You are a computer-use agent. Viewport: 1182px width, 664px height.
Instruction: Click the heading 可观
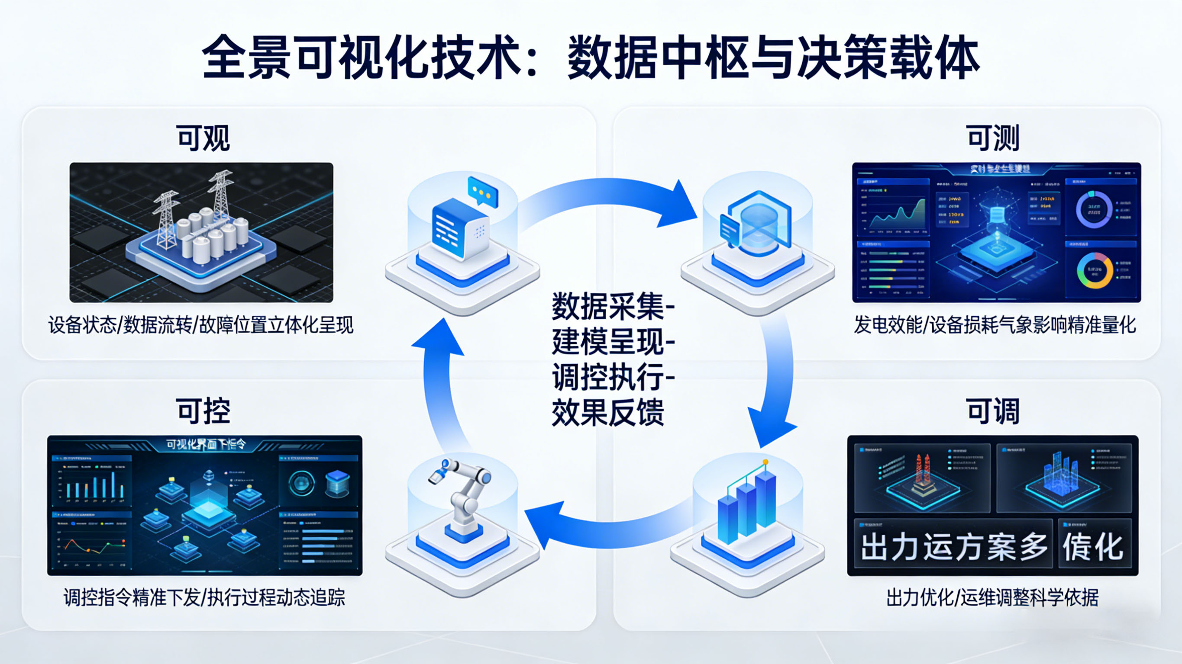(203, 138)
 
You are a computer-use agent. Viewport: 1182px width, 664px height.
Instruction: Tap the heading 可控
(203, 411)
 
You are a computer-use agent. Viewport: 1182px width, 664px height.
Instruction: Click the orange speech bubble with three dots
(482, 191)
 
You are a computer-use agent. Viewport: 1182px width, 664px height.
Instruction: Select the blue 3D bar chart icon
(747, 504)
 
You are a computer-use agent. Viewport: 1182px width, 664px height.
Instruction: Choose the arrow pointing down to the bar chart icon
(775, 390)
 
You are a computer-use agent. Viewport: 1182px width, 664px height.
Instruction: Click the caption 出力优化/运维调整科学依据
(992, 597)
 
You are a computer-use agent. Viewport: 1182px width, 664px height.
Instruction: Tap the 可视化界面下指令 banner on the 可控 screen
(205, 444)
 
